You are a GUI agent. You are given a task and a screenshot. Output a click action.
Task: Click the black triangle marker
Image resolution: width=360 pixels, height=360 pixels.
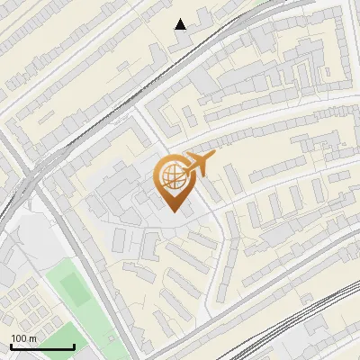(x=181, y=24)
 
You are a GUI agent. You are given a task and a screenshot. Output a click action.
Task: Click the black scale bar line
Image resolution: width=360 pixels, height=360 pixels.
(x=42, y=346)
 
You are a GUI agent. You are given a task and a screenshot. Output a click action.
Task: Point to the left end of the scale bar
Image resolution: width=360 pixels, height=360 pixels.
(x=11, y=346)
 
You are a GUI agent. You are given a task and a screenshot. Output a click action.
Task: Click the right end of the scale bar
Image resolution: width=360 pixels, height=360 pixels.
(x=74, y=346)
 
